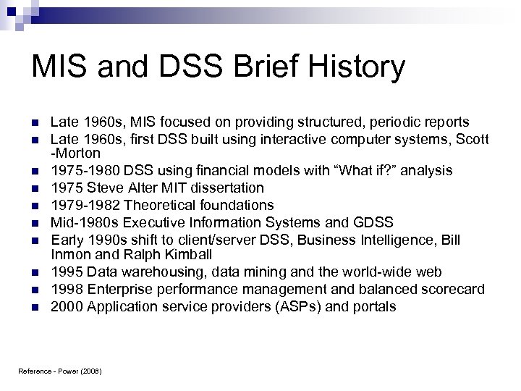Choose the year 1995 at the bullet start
point(63,272)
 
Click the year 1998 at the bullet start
point(63,289)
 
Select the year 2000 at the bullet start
point(63,306)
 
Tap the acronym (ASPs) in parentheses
point(304,306)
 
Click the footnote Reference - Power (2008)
point(60,371)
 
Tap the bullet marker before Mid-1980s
point(35,222)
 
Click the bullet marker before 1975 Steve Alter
point(35,188)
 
